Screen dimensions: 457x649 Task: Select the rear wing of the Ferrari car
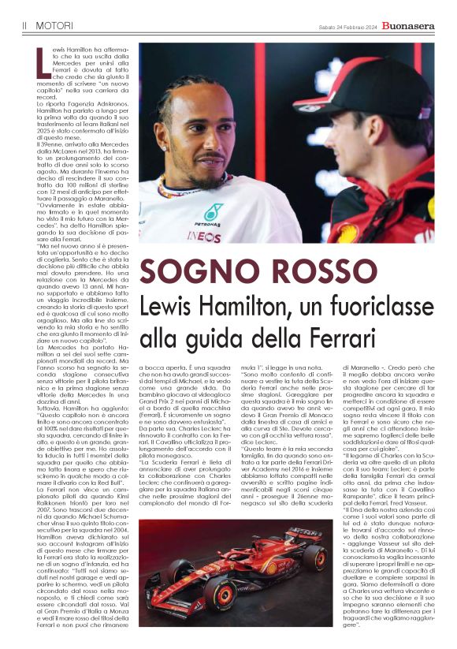(307, 539)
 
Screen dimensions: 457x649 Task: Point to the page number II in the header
(25, 26)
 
